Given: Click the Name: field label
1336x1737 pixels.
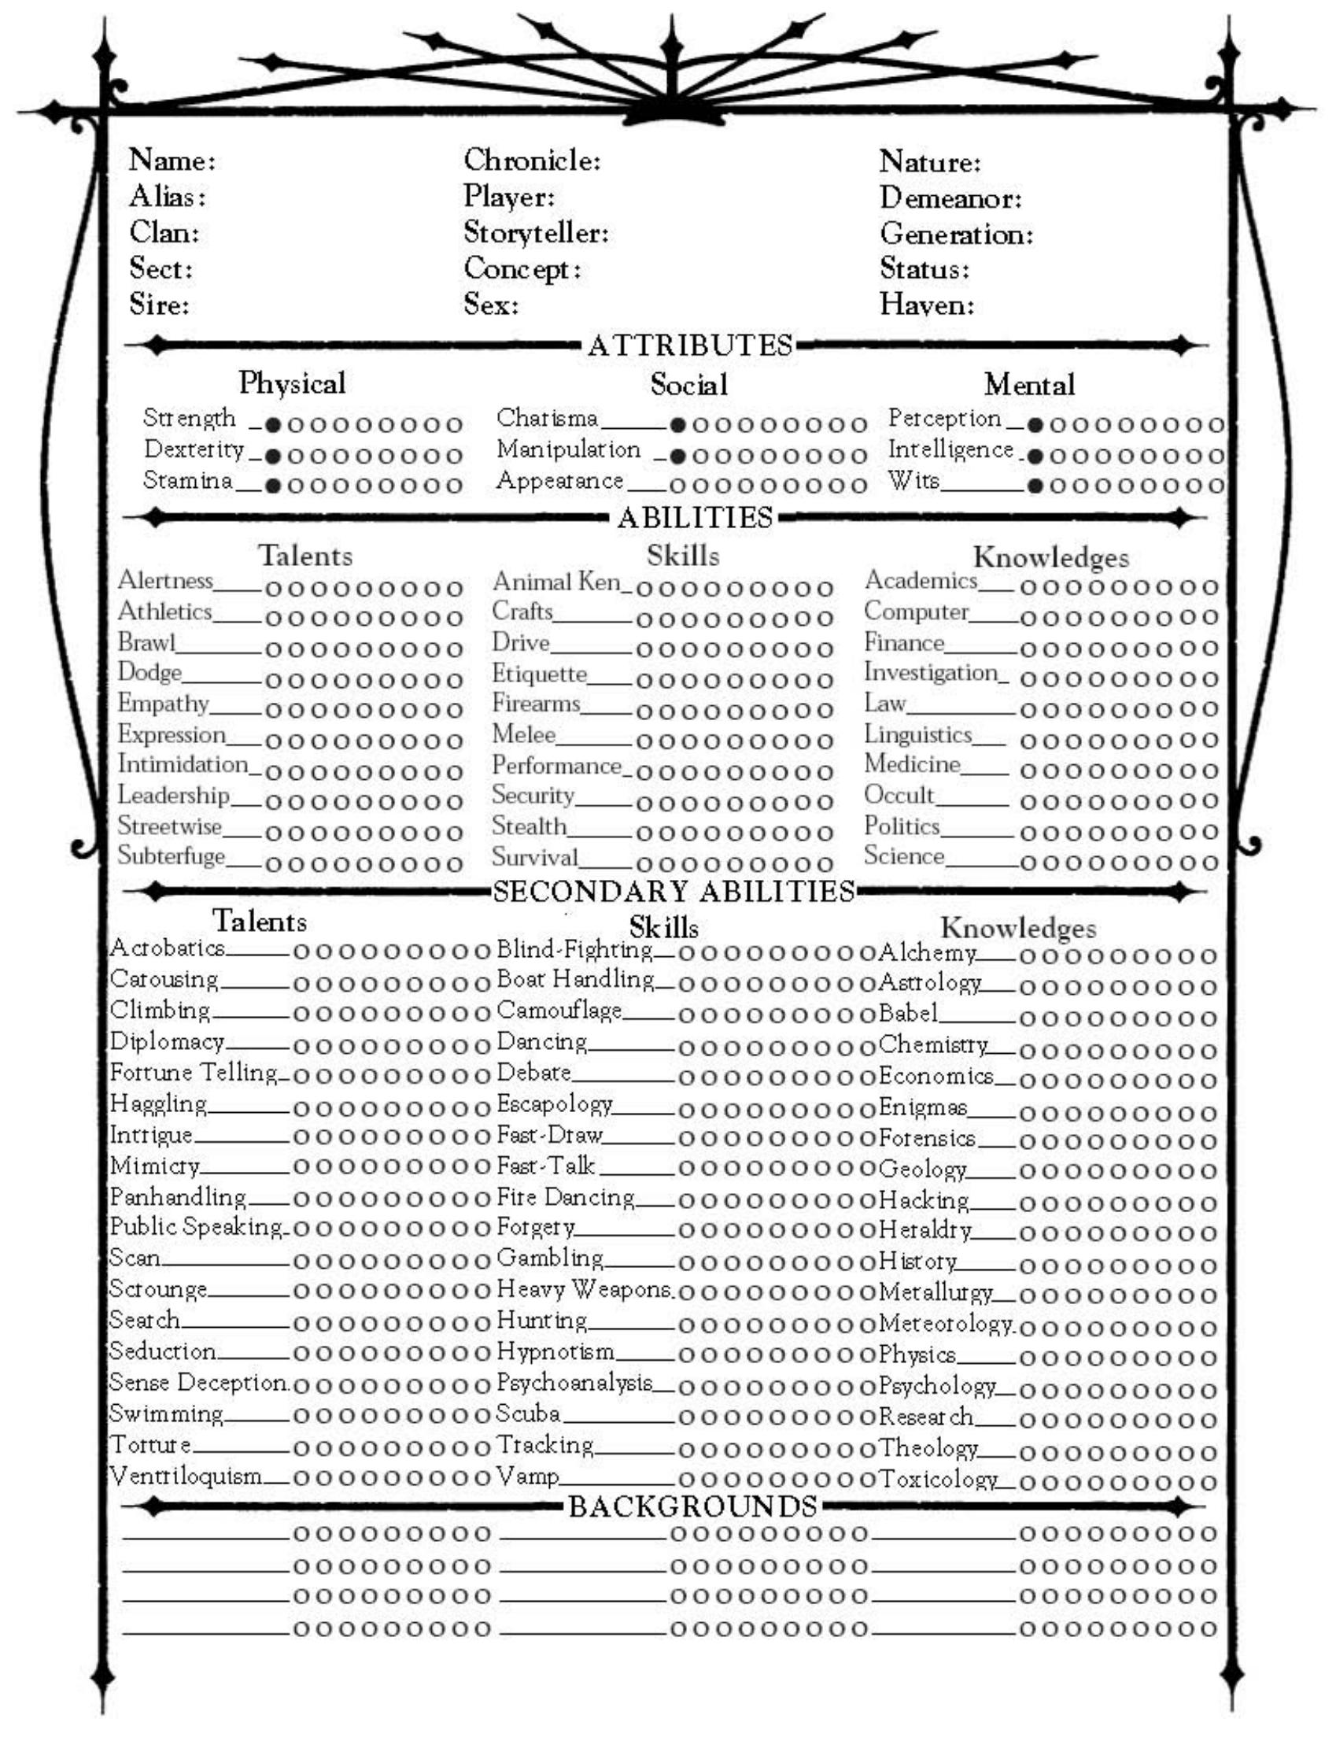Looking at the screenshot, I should (x=172, y=161).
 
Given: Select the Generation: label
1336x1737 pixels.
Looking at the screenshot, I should (x=956, y=235).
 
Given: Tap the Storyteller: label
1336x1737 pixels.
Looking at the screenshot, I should (x=536, y=233).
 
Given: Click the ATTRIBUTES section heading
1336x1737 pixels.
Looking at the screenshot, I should (x=690, y=346).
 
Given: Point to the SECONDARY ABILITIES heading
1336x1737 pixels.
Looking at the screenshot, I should (x=674, y=892).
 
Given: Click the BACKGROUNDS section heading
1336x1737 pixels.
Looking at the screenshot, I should (x=692, y=1506).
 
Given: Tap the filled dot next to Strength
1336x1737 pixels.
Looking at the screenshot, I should (x=273, y=425).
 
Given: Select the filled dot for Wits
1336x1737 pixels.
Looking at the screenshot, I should (x=1035, y=486).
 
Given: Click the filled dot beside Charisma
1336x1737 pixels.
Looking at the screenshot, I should (x=677, y=425).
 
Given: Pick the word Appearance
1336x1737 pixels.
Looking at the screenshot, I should (x=560, y=481).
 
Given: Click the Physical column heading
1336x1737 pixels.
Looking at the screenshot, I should (x=292, y=383).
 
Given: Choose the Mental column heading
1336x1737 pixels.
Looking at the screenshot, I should (x=1029, y=385).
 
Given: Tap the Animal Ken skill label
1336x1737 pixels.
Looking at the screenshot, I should (x=555, y=582).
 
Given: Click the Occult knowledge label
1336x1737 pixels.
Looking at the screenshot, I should (x=899, y=795).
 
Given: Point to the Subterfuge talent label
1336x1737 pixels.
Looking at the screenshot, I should (x=171, y=856).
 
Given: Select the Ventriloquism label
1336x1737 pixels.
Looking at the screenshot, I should (x=185, y=1476).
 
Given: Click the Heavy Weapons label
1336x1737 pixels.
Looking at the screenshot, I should (x=585, y=1289).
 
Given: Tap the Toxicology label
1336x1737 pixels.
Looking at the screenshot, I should (x=937, y=1480).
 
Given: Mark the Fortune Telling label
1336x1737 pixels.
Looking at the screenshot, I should (x=194, y=1073).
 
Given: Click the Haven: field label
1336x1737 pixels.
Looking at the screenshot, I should (x=926, y=305).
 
